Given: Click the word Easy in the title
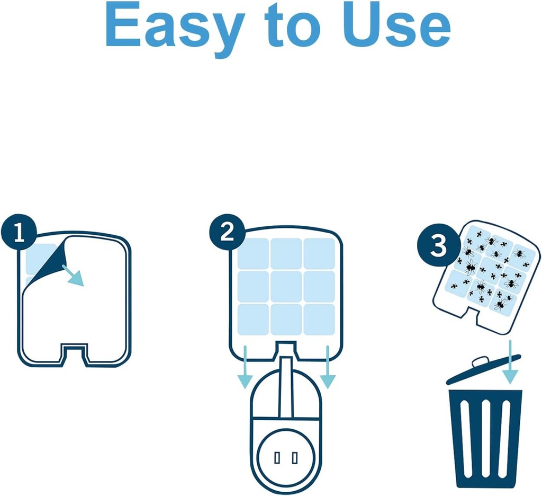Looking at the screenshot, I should pyautogui.click(x=175, y=26).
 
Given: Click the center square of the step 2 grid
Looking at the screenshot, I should pyautogui.click(x=286, y=286).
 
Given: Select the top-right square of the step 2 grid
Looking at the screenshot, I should pyautogui.click(x=319, y=253).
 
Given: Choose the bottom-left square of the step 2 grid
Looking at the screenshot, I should pyautogui.click(x=253, y=319).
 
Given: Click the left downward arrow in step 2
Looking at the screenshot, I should pyautogui.click(x=245, y=368).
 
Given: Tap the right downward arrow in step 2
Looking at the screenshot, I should pyautogui.click(x=328, y=368).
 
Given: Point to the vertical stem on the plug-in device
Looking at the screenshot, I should pyautogui.click(x=286, y=387).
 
